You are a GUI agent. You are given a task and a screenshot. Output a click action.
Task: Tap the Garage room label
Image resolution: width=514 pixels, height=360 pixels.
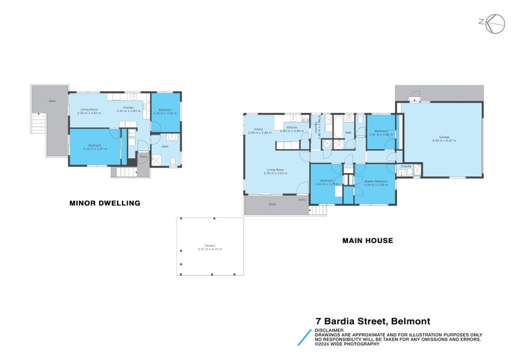[x=444, y=138]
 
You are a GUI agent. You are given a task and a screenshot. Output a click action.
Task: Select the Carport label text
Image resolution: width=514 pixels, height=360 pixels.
[x=209, y=247]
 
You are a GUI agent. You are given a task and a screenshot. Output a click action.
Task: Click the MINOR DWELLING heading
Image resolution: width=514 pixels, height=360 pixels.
[x=105, y=203]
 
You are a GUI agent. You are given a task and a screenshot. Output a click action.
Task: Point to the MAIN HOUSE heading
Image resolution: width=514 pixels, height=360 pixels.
[x=368, y=241]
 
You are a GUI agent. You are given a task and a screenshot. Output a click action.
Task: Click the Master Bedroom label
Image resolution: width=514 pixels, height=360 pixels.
[x=376, y=183]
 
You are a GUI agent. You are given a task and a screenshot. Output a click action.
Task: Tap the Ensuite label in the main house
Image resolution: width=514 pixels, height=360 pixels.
[x=405, y=166]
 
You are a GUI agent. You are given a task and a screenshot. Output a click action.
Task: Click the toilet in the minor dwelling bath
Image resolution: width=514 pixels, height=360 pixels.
[x=172, y=161]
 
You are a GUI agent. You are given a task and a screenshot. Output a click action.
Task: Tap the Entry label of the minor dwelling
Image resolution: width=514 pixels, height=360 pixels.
[x=143, y=156]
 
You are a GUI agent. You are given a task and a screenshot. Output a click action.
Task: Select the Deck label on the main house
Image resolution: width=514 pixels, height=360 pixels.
[x=272, y=204]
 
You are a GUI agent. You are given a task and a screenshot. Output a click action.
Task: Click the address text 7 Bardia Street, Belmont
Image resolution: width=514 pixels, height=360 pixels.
[x=373, y=321]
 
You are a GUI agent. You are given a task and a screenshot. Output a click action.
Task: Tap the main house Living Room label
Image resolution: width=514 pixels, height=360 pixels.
[x=276, y=171]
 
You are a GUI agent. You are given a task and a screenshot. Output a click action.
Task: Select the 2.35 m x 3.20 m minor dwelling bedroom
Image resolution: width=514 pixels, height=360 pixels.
[x=165, y=112]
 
